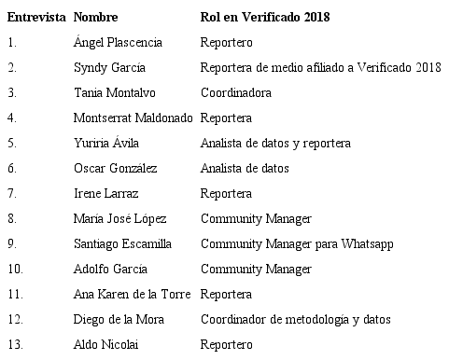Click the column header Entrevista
click(x=36, y=18)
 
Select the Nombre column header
click(x=96, y=18)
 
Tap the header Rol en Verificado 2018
click(x=265, y=18)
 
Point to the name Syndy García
click(x=109, y=68)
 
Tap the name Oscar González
click(x=115, y=169)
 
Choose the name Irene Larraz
click(x=106, y=194)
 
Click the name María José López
click(x=119, y=219)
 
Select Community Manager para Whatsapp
click(x=297, y=244)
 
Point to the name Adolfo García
click(x=112, y=270)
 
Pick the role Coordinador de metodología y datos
click(x=295, y=320)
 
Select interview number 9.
click(x=12, y=244)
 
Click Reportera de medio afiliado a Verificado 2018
click(x=320, y=68)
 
